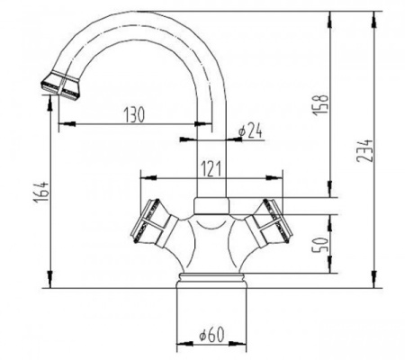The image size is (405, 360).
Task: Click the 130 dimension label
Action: tap(134, 114)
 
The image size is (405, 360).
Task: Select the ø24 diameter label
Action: tap(251, 131)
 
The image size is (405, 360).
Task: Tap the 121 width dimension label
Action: tap(211, 169)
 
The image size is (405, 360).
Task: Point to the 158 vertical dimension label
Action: tap(320, 105)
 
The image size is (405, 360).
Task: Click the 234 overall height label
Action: tap(364, 151)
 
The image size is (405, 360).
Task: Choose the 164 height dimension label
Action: tap(41, 192)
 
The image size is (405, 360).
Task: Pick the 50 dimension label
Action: tap(320, 246)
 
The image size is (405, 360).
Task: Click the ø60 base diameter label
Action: tap(211, 334)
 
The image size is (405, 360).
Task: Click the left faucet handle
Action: tap(154, 223)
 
